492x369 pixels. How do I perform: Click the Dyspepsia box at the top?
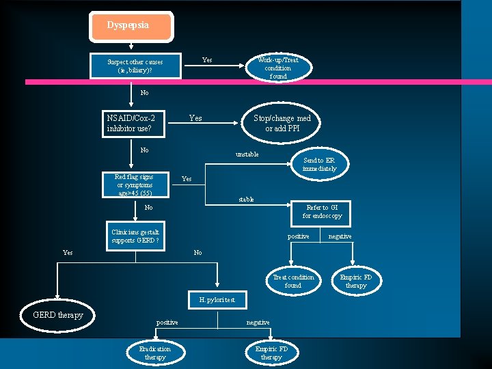click(131, 26)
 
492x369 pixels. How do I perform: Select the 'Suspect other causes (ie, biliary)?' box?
click(135, 66)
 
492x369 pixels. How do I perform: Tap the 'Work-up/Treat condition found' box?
click(278, 68)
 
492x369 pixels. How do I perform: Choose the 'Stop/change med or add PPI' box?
click(282, 123)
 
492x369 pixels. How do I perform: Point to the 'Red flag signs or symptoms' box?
click(135, 184)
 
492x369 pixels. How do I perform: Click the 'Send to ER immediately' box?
click(319, 164)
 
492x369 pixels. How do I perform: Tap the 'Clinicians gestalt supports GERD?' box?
click(135, 236)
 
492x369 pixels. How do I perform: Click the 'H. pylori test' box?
click(217, 299)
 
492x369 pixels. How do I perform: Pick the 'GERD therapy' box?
click(58, 315)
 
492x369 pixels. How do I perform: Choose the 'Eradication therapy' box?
click(155, 353)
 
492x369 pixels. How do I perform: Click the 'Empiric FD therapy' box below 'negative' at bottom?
click(271, 353)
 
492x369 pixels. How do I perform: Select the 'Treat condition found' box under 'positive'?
click(293, 281)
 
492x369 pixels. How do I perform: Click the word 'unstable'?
click(247, 154)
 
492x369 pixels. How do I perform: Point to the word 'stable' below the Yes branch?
click(246, 200)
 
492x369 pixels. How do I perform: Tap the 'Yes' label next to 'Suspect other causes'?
click(206, 60)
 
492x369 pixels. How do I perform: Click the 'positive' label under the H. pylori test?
click(167, 323)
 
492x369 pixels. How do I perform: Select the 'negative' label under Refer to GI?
click(340, 236)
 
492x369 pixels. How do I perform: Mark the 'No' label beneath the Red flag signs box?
click(148, 208)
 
